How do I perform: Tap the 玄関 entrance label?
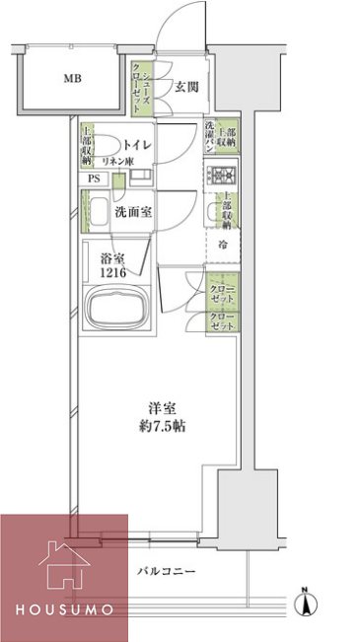pos(187,87)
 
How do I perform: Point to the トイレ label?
pos(137,146)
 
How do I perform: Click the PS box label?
pos(95,178)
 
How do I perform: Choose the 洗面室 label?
pos(130,211)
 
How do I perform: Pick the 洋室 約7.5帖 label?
pos(163,418)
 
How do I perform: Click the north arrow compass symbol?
pos(307,599)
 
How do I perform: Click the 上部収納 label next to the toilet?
pos(88,145)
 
